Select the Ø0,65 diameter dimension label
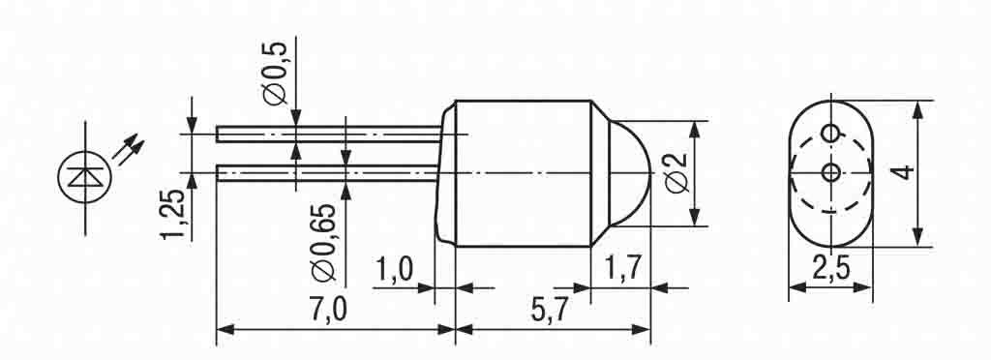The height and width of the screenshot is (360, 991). [323, 242]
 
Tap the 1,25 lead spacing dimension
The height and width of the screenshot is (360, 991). [172, 214]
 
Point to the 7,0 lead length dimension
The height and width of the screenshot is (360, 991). [329, 310]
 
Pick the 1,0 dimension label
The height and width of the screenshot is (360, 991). [395, 270]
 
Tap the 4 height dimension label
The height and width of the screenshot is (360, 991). [906, 172]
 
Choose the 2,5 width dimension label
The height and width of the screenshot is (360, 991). [829, 270]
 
